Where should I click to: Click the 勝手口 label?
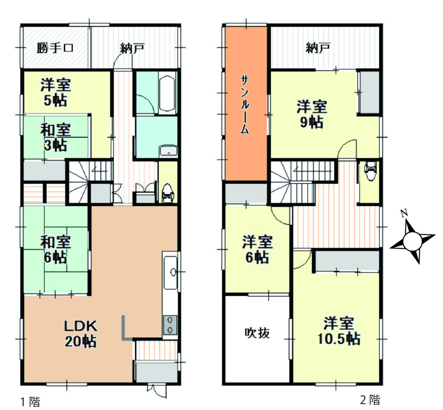[x=55, y=48]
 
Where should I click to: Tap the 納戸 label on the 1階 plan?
[x=133, y=48]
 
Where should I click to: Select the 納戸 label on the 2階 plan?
[x=318, y=48]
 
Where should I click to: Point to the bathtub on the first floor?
[x=167, y=93]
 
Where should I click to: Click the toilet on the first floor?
[x=168, y=193]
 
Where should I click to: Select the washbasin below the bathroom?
[x=169, y=151]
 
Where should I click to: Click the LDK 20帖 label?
[x=81, y=334]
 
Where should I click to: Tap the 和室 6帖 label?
[x=55, y=250]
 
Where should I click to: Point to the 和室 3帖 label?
[x=55, y=137]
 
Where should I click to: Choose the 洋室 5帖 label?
[x=56, y=92]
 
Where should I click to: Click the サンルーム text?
[x=245, y=105]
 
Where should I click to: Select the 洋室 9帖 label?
[x=311, y=114]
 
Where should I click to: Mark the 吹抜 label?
[x=257, y=333]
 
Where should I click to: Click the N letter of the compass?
[x=404, y=213]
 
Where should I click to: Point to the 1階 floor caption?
[x=30, y=402]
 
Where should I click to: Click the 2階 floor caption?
[x=370, y=400]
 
